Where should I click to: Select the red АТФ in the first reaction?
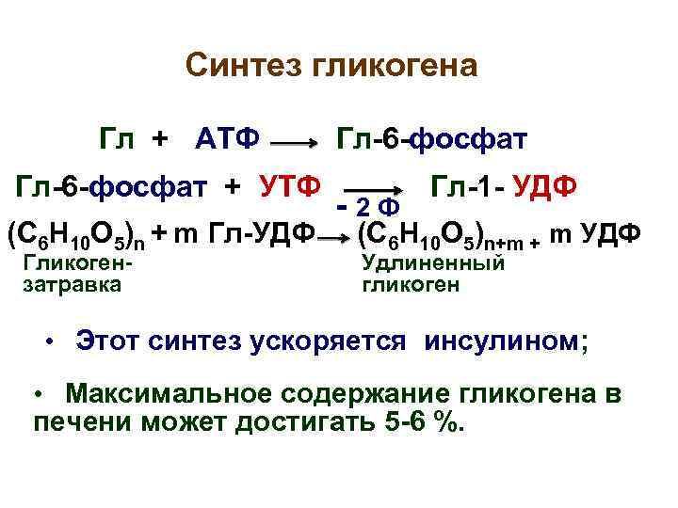[227, 140]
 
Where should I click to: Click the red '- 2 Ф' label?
[369, 205]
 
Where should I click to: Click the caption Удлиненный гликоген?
[433, 272]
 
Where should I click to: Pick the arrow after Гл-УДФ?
[331, 239]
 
